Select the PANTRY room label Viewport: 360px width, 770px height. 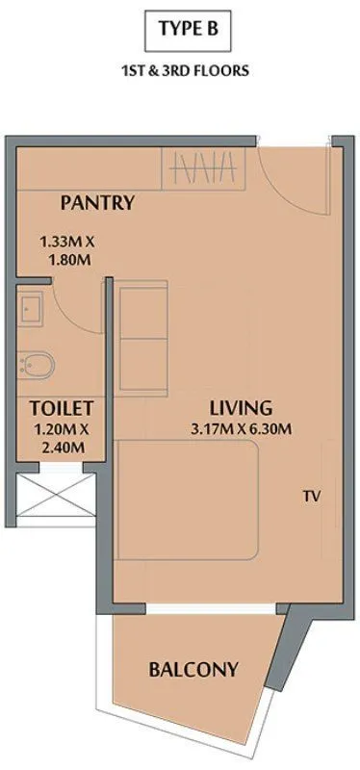click(x=96, y=202)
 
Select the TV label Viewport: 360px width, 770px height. click(x=310, y=497)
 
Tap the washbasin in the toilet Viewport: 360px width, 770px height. click(x=28, y=308)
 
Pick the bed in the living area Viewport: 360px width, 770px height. click(x=189, y=500)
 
